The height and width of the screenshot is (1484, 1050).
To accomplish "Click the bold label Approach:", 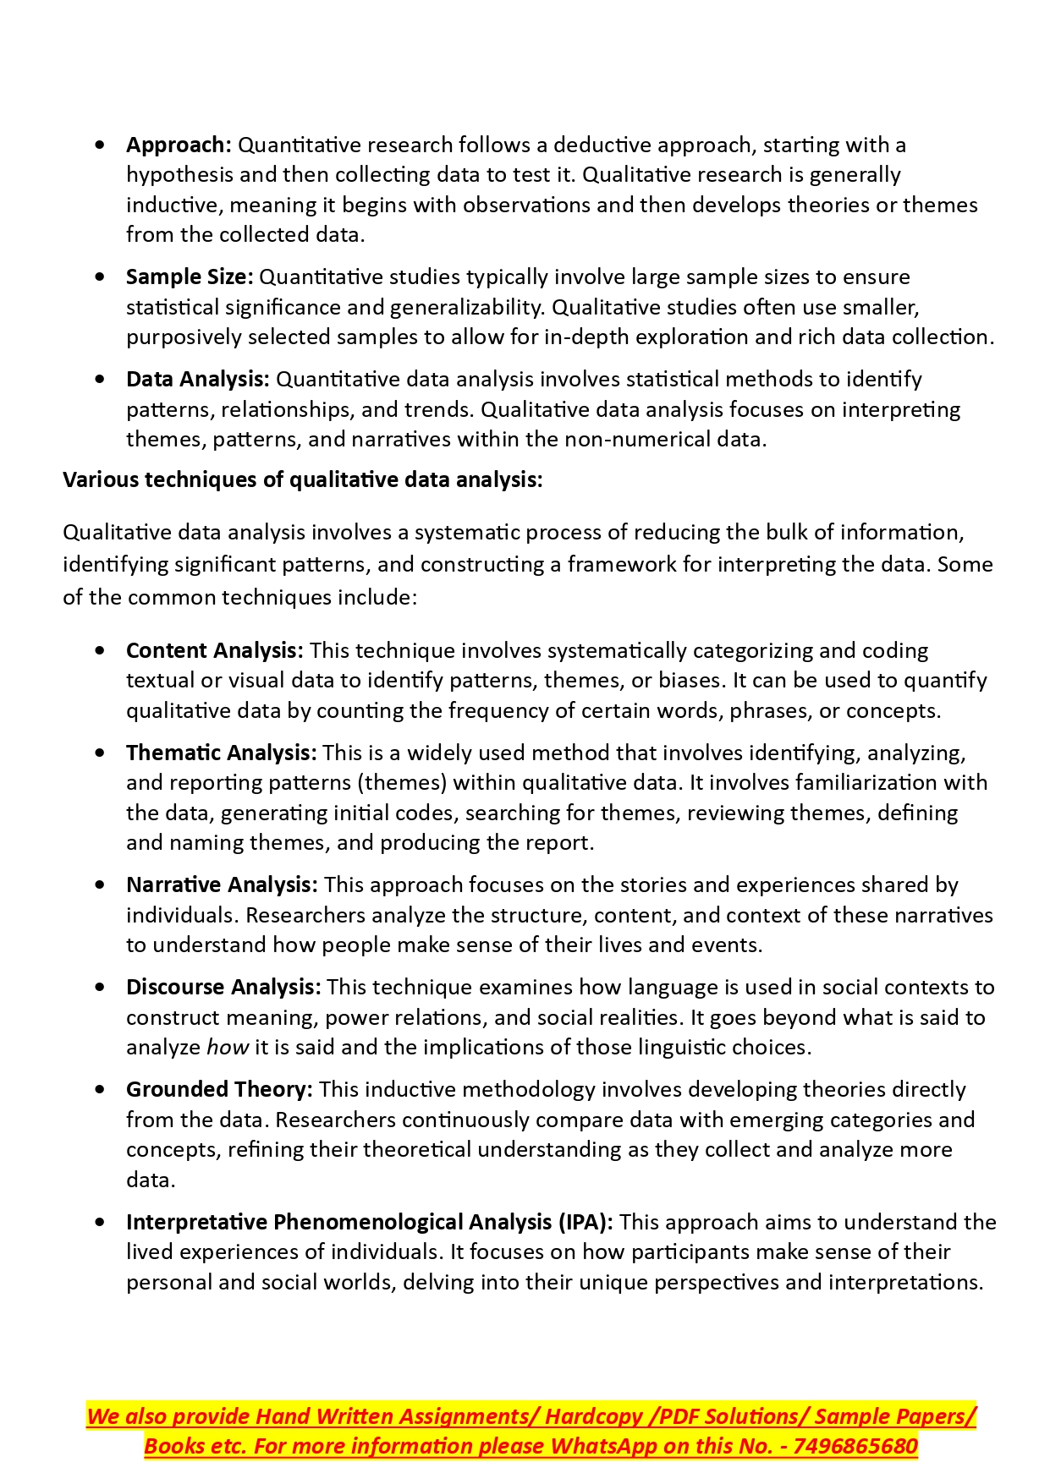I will click(179, 145).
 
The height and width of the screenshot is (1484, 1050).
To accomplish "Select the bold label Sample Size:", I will click(190, 277).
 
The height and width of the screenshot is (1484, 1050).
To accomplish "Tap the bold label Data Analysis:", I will click(197, 379).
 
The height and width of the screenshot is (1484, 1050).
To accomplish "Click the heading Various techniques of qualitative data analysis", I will click(302, 479).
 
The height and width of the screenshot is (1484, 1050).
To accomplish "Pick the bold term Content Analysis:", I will click(214, 650).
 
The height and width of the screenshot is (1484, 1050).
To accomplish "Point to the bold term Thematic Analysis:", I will click(221, 753).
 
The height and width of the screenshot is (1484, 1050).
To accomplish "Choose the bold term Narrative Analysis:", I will click(222, 884).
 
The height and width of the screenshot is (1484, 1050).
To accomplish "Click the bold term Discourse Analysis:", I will click(223, 987).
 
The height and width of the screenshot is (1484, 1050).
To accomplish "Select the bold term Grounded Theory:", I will click(219, 1089).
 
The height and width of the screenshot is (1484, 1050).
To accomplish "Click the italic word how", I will click(228, 1048).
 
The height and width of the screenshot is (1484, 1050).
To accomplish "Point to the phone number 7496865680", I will click(855, 1446).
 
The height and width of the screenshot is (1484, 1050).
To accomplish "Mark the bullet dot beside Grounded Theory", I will click(101, 1089).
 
